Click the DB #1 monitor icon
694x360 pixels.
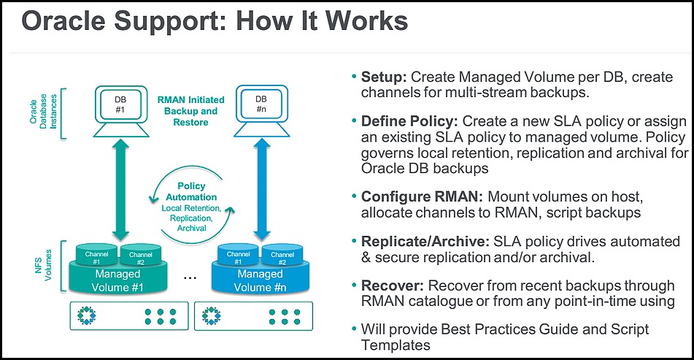pyautogui.click(x=121, y=111)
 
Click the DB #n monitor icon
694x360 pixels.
pyautogui.click(x=261, y=111)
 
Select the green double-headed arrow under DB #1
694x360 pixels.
pyautogui.click(x=120, y=191)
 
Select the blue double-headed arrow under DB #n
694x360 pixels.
pyautogui.click(x=262, y=191)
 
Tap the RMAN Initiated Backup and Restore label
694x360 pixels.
pyautogui.click(x=190, y=111)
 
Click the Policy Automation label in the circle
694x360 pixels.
pyautogui.click(x=191, y=191)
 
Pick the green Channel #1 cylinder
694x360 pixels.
pyautogui.click(x=96, y=255)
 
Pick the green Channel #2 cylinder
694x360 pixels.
pyautogui.click(x=141, y=255)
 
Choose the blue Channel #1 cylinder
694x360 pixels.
pyautogui.click(x=238, y=255)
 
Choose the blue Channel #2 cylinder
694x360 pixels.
pyautogui.click(x=282, y=255)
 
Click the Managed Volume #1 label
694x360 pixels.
pyautogui.click(x=117, y=280)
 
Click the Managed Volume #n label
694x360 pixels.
pyautogui.click(x=261, y=280)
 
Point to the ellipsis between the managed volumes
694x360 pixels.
pyautogui.click(x=190, y=278)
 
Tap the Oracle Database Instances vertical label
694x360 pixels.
pyautogui.click(x=43, y=111)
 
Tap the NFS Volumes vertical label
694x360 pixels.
pyautogui.click(x=43, y=265)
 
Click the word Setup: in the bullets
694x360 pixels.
pyautogui.click(x=384, y=77)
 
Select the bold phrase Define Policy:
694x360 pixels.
pyautogui.click(x=409, y=121)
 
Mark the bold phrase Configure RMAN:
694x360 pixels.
pyautogui.click(x=422, y=196)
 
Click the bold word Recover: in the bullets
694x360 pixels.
pyautogui.click(x=392, y=286)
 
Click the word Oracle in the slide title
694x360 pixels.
pyautogui.click(x=64, y=20)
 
